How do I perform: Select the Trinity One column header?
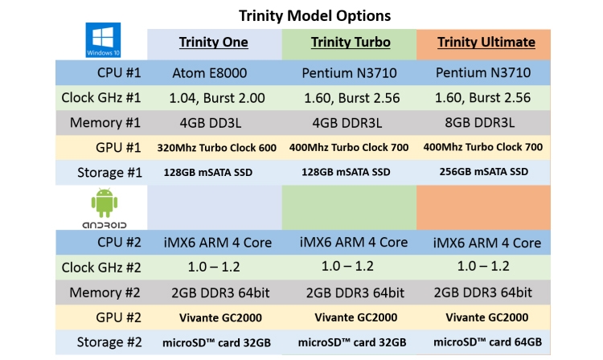(x=213, y=43)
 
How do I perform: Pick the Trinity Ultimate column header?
(x=484, y=43)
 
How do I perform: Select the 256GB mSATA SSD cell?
(x=482, y=172)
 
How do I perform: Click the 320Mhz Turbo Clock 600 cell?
(x=213, y=148)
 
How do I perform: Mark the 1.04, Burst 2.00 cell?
(x=213, y=98)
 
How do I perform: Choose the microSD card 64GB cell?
(x=482, y=342)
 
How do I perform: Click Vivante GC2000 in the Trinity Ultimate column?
(x=482, y=317)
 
